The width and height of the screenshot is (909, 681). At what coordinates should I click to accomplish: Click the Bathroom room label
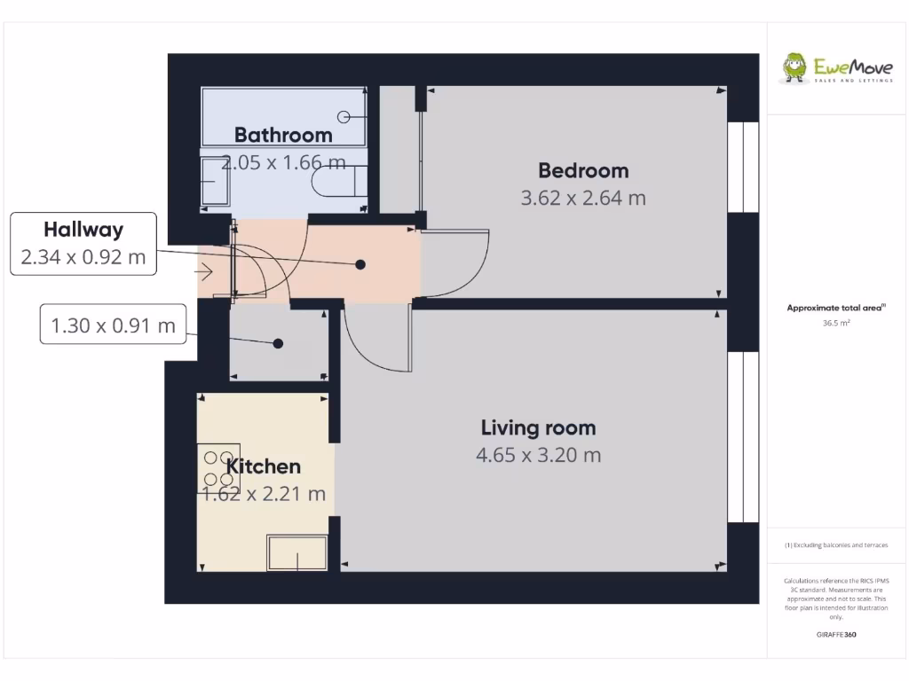pyautogui.click(x=283, y=135)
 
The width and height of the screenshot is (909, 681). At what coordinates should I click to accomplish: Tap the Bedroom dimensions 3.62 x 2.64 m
pyautogui.click(x=583, y=198)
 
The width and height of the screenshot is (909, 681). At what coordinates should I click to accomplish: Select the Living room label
pyautogui.click(x=538, y=427)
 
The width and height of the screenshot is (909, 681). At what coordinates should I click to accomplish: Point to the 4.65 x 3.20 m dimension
pyautogui.click(x=538, y=455)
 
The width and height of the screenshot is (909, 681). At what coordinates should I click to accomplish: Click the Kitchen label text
pyautogui.click(x=264, y=466)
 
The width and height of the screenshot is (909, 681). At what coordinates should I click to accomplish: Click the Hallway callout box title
pyautogui.click(x=83, y=230)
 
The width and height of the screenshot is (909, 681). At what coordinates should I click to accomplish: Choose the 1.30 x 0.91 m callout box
pyautogui.click(x=114, y=325)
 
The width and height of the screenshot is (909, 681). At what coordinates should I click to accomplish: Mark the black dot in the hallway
pyautogui.click(x=361, y=264)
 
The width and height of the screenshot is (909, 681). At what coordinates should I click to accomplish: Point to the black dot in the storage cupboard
pyautogui.click(x=278, y=344)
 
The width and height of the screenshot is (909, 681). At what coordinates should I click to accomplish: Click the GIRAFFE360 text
pyautogui.click(x=836, y=635)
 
